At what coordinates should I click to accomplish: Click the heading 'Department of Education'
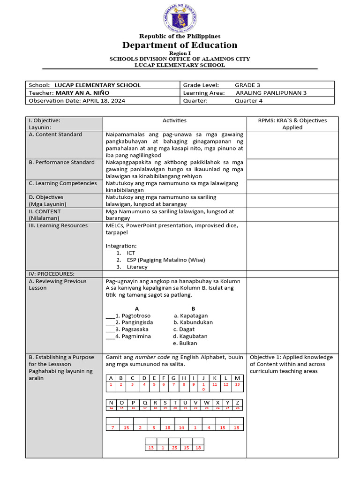click(x=180, y=45)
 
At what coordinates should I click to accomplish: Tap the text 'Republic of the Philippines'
click(x=180, y=36)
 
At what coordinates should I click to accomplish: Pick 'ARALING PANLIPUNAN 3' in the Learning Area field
click(x=271, y=93)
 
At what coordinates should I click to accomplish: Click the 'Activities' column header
click(x=174, y=120)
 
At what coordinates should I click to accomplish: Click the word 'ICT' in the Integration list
click(x=131, y=253)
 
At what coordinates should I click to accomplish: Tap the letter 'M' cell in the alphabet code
click(x=237, y=378)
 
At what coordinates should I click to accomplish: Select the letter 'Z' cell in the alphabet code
click(x=238, y=402)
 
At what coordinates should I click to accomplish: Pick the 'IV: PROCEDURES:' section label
click(x=52, y=274)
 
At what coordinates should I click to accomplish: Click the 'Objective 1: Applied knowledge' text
click(x=291, y=357)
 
